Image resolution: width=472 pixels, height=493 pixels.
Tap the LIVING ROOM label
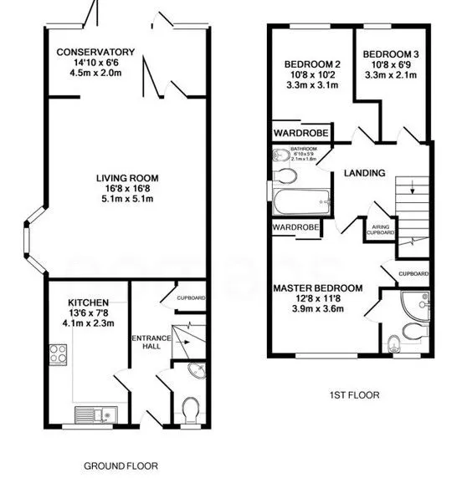pyautogui.click(x=127, y=178)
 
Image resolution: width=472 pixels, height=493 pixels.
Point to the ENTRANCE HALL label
pyautogui.click(x=151, y=343)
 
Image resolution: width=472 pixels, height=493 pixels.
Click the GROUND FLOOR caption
pyautogui.click(x=121, y=465)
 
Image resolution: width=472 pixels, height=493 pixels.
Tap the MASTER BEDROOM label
pyautogui.click(x=318, y=288)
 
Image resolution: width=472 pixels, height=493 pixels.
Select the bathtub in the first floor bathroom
pyautogui.click(x=300, y=201)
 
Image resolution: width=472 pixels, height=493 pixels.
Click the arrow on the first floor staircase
pyautogui.click(x=411, y=188)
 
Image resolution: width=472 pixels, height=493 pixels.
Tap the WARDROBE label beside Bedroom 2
pyautogui.click(x=297, y=132)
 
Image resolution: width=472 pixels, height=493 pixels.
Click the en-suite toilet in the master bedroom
pyautogui.click(x=396, y=343)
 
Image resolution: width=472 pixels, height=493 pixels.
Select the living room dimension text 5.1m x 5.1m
pyautogui.click(x=127, y=200)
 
